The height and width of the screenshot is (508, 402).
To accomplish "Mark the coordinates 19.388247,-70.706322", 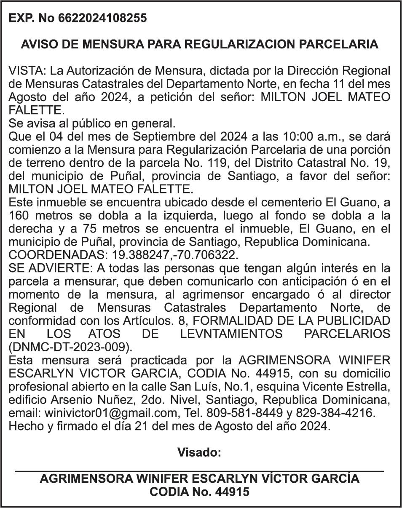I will tap(175, 255).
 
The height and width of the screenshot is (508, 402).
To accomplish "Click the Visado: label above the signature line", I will tap(199, 452).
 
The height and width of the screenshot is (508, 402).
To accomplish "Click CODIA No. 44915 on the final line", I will tap(199, 492).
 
